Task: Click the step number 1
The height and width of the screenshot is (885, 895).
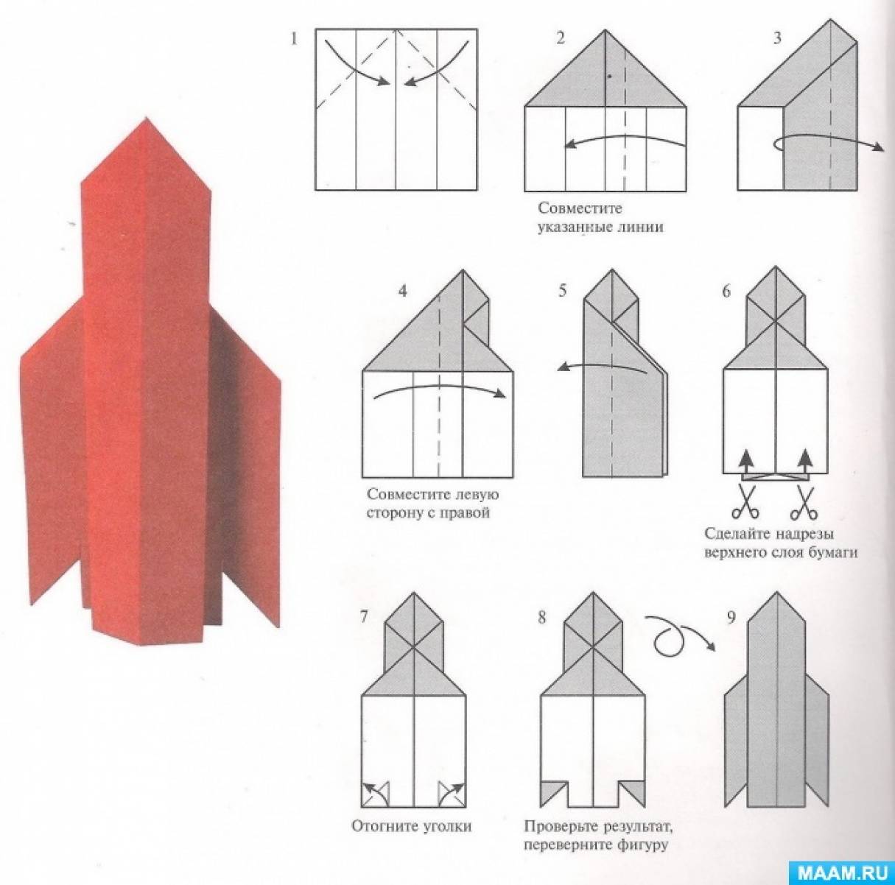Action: click(x=293, y=39)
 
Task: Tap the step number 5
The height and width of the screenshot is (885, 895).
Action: click(x=563, y=292)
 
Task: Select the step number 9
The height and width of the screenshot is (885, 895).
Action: click(x=731, y=618)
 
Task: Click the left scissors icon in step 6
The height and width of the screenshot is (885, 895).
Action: click(x=745, y=501)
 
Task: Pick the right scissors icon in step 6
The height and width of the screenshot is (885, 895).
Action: click(x=804, y=501)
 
